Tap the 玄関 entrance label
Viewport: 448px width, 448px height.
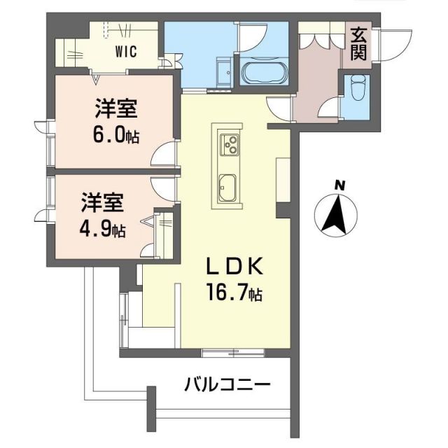358,43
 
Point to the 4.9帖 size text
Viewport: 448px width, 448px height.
102,227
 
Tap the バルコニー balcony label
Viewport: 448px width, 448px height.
227,384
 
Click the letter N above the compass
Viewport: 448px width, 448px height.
339,185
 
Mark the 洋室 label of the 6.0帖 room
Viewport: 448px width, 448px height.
116,110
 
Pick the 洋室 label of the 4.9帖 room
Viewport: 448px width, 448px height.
102,203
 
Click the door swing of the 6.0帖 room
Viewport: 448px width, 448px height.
166,153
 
